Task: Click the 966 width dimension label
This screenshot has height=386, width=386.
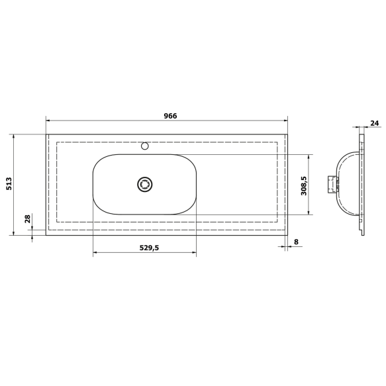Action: pos(170,116)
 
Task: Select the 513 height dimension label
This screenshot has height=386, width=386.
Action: pos(9,183)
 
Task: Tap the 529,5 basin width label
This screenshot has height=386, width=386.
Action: pos(149,248)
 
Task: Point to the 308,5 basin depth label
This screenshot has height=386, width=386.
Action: pos(304,185)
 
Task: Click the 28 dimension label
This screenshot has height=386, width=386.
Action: pos(27,218)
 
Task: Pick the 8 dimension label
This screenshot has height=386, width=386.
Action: pos(296,242)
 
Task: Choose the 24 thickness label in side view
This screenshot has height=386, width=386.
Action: pos(374,123)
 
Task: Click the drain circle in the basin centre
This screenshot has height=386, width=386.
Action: pos(144,184)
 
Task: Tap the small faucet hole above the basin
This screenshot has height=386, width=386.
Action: pos(145,146)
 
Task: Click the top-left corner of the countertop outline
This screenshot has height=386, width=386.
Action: pos(46,134)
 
